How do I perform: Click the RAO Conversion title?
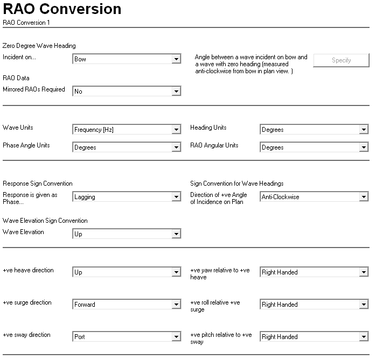coord(62,9)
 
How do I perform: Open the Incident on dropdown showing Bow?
coord(126,59)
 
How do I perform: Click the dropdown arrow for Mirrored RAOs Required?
coord(176,91)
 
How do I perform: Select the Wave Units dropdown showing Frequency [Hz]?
coord(126,130)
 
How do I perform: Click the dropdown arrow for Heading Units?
coord(364,130)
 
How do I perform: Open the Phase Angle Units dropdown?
coord(126,147)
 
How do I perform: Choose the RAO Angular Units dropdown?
coord(314,147)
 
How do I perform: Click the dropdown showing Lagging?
coord(126,197)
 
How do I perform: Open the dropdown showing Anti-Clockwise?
coord(314,197)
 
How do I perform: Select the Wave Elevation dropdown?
coord(126,234)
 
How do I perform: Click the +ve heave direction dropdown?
coord(126,272)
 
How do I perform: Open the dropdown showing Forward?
coord(126,305)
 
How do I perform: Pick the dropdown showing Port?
coord(126,337)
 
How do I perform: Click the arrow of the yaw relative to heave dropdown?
coord(364,272)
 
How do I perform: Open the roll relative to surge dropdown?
coord(314,305)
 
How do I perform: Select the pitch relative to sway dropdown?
coord(314,337)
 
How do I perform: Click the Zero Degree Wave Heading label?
coord(39,46)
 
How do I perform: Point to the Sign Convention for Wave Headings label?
coord(236,183)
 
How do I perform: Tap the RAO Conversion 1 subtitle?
coord(26,23)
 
